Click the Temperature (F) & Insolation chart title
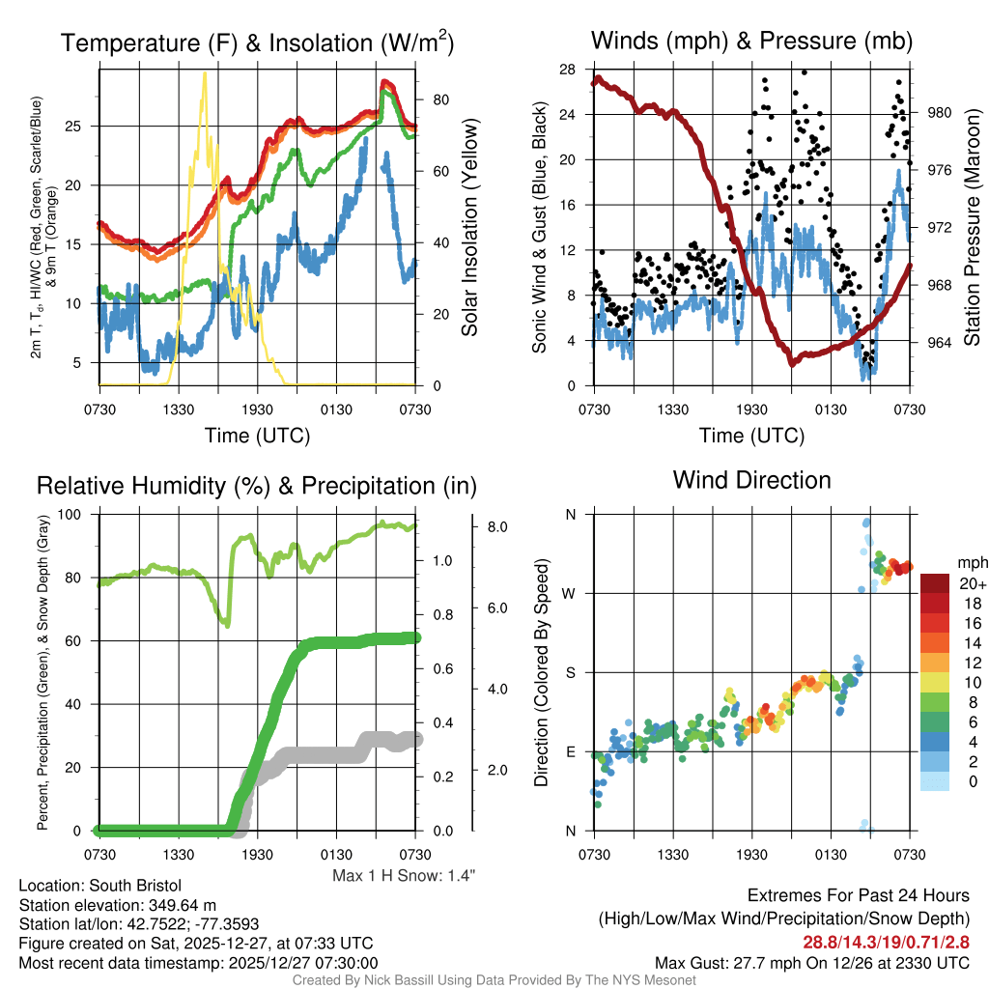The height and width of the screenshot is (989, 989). tap(257, 43)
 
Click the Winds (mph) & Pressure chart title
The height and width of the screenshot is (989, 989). tap(752, 41)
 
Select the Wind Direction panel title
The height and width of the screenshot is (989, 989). tap(751, 480)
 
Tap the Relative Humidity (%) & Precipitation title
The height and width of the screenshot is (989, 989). tap(256, 486)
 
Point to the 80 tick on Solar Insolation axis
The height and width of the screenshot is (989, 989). tap(438, 99)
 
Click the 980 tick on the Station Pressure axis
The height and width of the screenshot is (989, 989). tap(940, 112)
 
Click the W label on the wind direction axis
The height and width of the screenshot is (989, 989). tap(571, 593)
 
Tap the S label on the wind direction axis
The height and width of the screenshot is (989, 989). tap(571, 672)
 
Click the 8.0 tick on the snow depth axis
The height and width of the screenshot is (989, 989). tap(498, 527)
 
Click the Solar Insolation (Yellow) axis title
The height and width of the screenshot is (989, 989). tap(469, 227)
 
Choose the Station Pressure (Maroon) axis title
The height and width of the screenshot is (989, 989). tap(973, 227)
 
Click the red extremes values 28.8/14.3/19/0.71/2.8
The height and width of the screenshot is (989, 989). tap(886, 942)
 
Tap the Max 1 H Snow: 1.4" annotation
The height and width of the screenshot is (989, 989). tap(404, 876)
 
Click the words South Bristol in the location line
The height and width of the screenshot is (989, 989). tap(136, 886)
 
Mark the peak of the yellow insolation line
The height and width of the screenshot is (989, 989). tap(204, 73)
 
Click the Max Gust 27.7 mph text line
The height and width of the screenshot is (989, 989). tap(811, 962)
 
